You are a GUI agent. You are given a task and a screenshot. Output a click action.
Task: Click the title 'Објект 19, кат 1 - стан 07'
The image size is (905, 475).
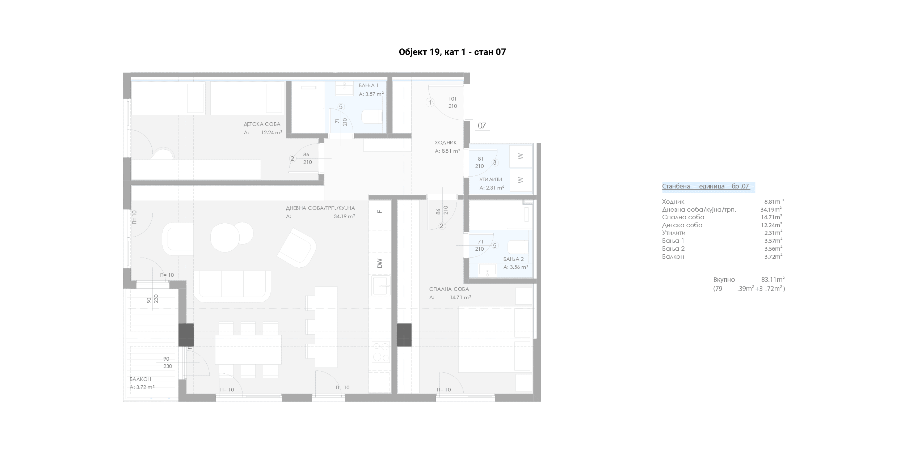pyautogui.click(x=452, y=52)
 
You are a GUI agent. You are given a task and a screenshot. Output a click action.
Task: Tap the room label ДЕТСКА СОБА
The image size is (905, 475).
pyautogui.click(x=262, y=124)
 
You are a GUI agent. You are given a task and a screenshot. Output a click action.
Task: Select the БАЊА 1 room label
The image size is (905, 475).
pyautogui.click(x=369, y=86)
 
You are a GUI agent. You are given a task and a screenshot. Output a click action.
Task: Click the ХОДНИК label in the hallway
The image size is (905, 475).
pyautogui.click(x=446, y=143)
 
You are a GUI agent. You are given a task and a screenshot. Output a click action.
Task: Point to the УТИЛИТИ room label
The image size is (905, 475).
pyautogui.click(x=491, y=179)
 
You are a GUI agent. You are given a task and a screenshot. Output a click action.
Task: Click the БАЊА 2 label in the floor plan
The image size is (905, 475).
pyautogui.click(x=513, y=259)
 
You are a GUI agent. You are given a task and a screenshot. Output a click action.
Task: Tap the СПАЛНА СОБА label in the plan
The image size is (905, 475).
pyautogui.click(x=449, y=289)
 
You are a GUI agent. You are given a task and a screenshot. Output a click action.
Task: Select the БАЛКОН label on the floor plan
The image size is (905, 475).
pyautogui.click(x=140, y=379)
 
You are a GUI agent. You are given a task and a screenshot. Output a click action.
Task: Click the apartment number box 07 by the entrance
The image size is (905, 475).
pyautogui.click(x=482, y=126)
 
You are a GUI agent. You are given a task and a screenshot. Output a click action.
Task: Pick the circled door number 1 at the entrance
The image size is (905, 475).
pyautogui.click(x=430, y=103)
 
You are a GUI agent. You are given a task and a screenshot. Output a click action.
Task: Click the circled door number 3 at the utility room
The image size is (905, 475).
pyautogui.click(x=495, y=163)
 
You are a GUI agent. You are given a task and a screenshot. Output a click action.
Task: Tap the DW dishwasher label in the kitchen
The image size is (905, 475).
pyautogui.click(x=380, y=263)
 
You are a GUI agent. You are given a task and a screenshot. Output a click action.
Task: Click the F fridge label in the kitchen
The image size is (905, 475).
pyautogui.click(x=380, y=212)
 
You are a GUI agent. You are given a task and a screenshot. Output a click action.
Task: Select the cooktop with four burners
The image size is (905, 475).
pyautogui.click(x=381, y=352)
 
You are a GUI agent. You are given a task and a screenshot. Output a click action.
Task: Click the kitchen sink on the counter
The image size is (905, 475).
pyautogui.click(x=381, y=285)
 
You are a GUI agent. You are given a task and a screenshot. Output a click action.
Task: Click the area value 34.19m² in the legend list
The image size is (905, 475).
pyautogui.click(x=771, y=209)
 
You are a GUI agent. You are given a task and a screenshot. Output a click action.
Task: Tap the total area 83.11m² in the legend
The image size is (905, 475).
pyautogui.click(x=773, y=280)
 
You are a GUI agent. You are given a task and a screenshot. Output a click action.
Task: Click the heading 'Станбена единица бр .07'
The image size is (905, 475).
pyautogui.click(x=706, y=187)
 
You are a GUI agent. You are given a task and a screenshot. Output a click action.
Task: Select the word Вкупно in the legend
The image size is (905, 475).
pyautogui.click(x=724, y=280)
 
